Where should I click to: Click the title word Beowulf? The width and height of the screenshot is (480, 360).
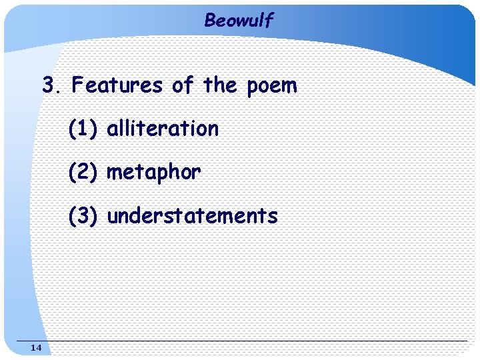point(239,21)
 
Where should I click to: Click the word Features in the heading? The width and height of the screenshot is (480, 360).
point(117,85)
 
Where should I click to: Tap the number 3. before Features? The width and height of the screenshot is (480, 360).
point(51,85)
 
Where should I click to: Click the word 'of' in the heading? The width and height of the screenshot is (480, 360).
point(183,85)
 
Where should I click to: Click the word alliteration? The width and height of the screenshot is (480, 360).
point(163,128)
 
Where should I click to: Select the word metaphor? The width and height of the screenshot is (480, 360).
point(153,172)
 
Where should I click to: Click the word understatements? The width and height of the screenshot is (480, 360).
point(192,216)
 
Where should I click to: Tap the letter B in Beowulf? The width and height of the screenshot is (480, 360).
point(210,21)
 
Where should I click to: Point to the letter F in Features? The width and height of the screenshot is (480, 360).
point(78,85)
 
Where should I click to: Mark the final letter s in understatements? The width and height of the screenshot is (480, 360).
point(272,217)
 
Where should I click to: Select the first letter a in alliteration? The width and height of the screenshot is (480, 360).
point(112,129)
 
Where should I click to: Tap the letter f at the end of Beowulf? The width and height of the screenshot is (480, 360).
point(269,21)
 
